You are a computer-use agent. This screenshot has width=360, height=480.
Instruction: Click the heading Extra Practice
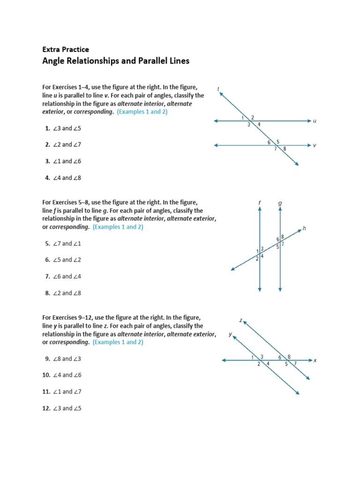coord(65,49)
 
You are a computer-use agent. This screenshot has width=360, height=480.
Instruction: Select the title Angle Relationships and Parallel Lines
coord(116,61)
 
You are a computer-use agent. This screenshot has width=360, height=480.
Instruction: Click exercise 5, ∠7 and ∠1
coord(63,244)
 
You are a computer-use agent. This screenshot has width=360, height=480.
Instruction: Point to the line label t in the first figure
coord(219,89)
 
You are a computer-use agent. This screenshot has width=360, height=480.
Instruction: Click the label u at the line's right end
coord(315,121)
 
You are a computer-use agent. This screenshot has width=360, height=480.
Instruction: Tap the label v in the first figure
coord(315,146)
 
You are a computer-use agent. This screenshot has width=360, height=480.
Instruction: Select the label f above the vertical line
coord(259,202)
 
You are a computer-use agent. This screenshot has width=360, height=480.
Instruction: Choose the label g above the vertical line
coord(280,203)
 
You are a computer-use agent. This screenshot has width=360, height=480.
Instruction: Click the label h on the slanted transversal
coord(304,228)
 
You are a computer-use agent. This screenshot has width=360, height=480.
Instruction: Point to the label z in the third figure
coord(240,320)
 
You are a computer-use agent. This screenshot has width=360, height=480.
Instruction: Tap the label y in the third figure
coord(230,334)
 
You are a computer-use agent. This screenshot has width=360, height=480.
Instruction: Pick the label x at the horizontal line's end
coord(315,360)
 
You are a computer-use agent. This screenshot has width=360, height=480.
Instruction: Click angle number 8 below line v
coord(285,149)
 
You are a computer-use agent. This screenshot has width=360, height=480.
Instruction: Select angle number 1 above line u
coord(243,117)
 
